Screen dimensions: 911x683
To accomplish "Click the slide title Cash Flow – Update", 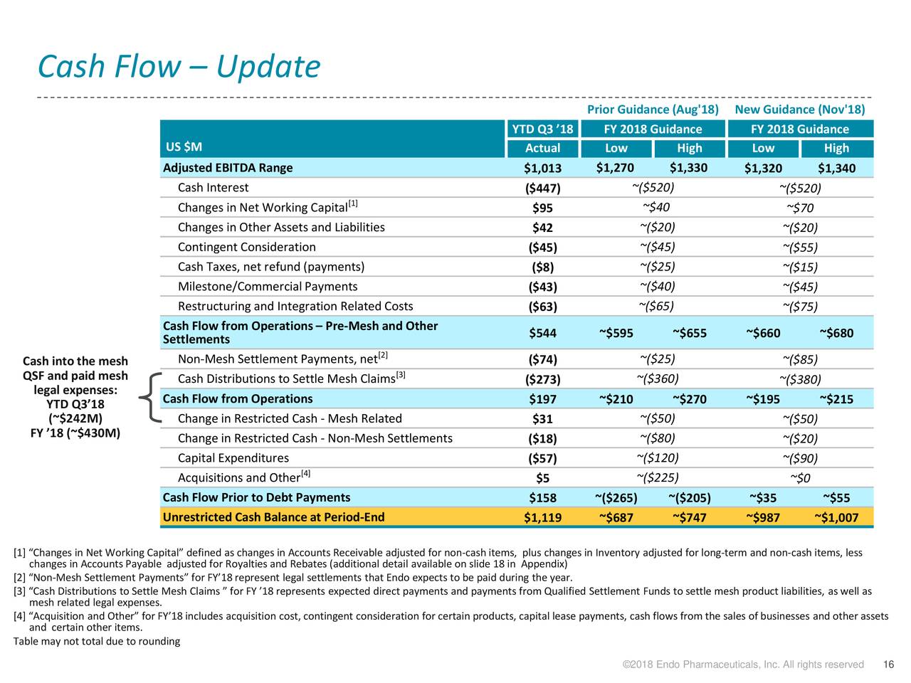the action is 179,66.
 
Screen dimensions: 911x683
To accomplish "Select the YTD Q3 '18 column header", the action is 542,129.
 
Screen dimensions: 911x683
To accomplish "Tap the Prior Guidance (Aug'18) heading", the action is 653,110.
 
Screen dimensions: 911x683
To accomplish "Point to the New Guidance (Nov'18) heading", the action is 800,110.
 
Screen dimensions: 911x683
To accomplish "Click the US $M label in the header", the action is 184,147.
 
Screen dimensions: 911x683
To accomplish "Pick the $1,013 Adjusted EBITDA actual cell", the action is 542,168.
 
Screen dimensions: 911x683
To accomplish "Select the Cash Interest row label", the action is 213,187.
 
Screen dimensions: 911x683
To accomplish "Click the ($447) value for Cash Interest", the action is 542,189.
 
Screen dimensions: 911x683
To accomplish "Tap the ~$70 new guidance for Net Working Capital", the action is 800,208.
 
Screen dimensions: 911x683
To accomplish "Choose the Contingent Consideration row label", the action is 246,247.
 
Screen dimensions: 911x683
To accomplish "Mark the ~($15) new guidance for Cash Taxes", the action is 800,267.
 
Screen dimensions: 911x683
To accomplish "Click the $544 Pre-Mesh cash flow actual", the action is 542,333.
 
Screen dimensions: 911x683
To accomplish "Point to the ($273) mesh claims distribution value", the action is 542,379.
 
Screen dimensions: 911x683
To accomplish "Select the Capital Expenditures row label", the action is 233,457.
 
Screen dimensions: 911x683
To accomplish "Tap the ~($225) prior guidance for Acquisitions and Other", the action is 658,477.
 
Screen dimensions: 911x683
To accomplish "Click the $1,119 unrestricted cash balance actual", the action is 542,517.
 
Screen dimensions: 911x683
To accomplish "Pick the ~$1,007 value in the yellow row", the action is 836,517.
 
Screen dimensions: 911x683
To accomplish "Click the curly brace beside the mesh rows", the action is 150,397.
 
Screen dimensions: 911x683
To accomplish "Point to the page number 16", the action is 888,665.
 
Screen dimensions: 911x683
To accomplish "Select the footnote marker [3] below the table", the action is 19,591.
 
